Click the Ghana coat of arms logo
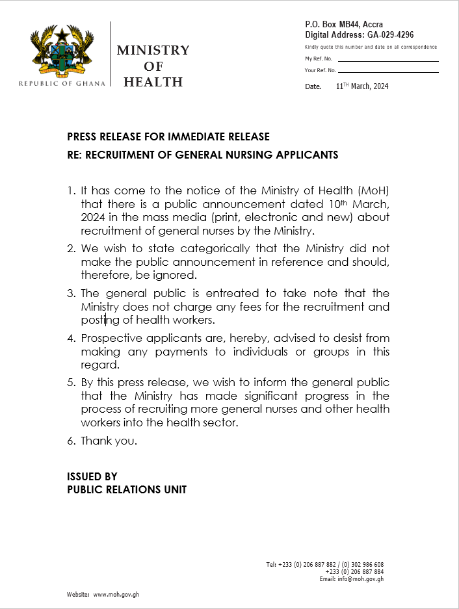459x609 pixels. pos(62,52)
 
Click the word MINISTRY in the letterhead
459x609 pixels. pos(153,51)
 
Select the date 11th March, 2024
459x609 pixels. pos(361,86)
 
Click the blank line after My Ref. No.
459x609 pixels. pos(387,60)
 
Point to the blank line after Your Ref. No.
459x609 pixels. pos(387,70)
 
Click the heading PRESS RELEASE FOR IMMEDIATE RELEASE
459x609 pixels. pos(168,137)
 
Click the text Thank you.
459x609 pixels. pos(109,441)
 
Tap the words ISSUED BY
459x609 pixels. pos(92,476)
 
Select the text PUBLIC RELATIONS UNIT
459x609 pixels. pos(127,489)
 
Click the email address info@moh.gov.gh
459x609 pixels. pos(360,579)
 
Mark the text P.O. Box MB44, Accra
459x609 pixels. pos(344,25)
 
